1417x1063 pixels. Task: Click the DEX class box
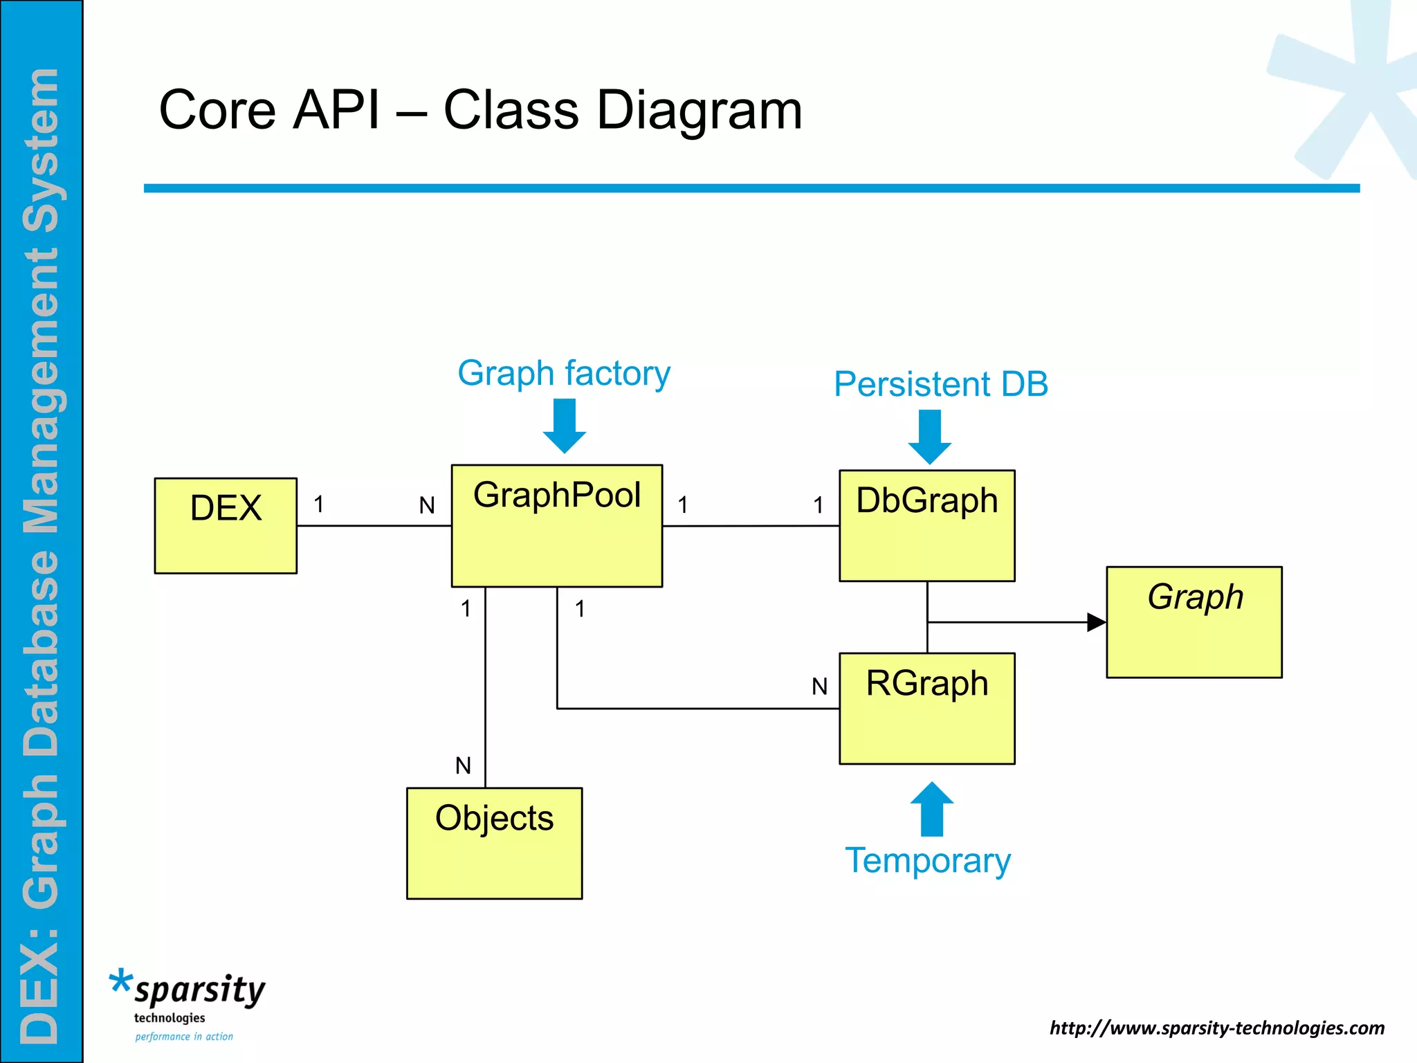(x=226, y=525)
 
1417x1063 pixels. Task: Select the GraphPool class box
(x=556, y=526)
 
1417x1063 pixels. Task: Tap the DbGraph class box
(x=926, y=525)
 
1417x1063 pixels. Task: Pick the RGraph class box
(x=926, y=708)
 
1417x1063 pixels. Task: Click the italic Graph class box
(x=1194, y=621)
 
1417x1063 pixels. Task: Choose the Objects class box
(x=494, y=843)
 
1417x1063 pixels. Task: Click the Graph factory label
(x=564, y=373)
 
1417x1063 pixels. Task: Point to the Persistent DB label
(x=940, y=384)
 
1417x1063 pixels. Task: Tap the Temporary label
(x=928, y=860)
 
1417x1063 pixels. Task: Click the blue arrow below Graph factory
(x=565, y=426)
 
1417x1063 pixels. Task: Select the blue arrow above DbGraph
(x=929, y=437)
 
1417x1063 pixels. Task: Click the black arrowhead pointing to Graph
(x=1096, y=622)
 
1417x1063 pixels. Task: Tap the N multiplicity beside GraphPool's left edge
(x=427, y=506)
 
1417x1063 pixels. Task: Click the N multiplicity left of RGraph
(x=819, y=687)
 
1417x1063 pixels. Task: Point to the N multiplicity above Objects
(x=463, y=765)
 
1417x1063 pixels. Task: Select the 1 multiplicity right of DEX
(x=318, y=505)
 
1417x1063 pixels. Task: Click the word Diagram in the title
(x=699, y=111)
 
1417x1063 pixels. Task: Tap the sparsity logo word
(x=199, y=990)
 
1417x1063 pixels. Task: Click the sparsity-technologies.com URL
(x=1216, y=1028)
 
